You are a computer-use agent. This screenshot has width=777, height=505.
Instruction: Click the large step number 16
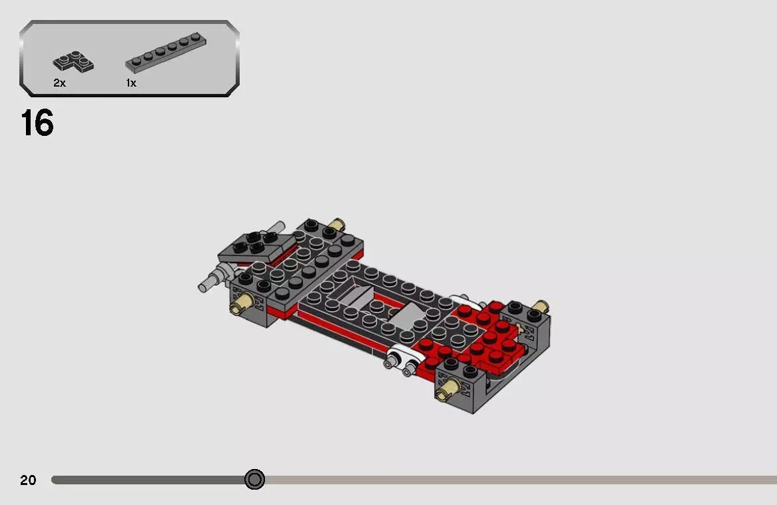click(x=37, y=124)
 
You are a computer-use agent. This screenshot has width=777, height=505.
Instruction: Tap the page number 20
click(x=28, y=480)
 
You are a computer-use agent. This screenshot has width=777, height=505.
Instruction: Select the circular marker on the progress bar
click(x=254, y=479)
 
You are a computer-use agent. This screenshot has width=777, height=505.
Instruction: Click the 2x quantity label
click(x=59, y=83)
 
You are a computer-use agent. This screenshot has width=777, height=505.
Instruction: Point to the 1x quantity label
click(x=130, y=83)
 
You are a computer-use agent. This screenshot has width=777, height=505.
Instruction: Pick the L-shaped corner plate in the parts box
click(x=73, y=63)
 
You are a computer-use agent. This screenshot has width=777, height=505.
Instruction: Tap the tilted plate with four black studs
click(x=256, y=245)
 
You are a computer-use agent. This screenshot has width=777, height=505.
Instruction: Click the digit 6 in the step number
click(x=44, y=124)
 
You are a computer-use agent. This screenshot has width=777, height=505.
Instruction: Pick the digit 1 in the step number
click(x=27, y=124)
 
